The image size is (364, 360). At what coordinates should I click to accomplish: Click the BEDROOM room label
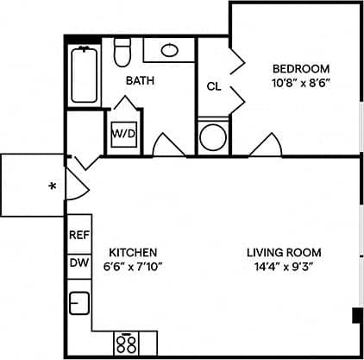pos(301,69)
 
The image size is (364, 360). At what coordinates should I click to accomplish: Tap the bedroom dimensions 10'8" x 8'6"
pos(301,85)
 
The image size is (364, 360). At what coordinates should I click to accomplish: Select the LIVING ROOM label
pos(284,253)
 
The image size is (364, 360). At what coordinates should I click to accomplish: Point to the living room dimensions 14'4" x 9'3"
pos(284,267)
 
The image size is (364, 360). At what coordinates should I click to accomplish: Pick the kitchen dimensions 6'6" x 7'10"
pos(132,267)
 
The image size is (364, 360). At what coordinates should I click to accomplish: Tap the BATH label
pos(140,81)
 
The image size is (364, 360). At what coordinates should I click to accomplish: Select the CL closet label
pos(213,86)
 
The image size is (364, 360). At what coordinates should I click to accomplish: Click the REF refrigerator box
pos(79,235)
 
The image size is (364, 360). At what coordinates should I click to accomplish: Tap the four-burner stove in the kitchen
pos(127,344)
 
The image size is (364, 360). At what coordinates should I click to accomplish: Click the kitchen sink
pos(79,304)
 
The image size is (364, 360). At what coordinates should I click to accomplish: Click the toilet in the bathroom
pos(122,54)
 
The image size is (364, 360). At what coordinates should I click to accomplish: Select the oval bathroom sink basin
pos(170,49)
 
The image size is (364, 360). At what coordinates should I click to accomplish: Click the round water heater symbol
pos(211,136)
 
